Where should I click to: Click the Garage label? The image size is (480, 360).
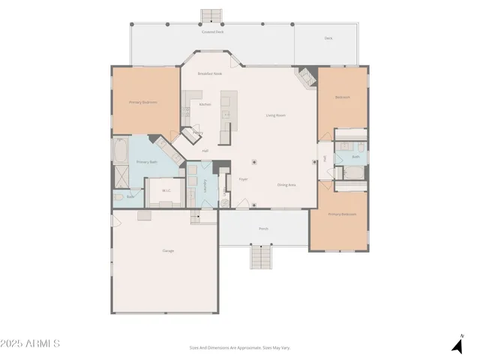(168, 250)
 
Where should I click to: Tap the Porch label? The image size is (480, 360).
(263, 228)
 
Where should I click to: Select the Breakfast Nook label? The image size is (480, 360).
(210, 73)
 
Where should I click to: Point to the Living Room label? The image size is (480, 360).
(276, 115)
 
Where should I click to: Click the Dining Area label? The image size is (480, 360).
(286, 184)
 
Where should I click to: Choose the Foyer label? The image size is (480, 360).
(244, 180)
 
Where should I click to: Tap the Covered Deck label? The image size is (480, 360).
(212, 32)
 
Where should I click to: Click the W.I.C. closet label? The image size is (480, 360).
(166, 190)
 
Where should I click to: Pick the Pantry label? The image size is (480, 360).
(197, 133)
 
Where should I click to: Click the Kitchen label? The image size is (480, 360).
(205, 104)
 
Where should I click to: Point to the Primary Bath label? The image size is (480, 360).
(147, 162)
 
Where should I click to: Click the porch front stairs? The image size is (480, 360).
(261, 257)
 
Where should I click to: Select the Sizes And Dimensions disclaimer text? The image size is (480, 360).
(240, 347)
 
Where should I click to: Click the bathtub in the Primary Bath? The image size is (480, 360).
(121, 152)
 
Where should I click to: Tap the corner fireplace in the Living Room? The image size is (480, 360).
(306, 76)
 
